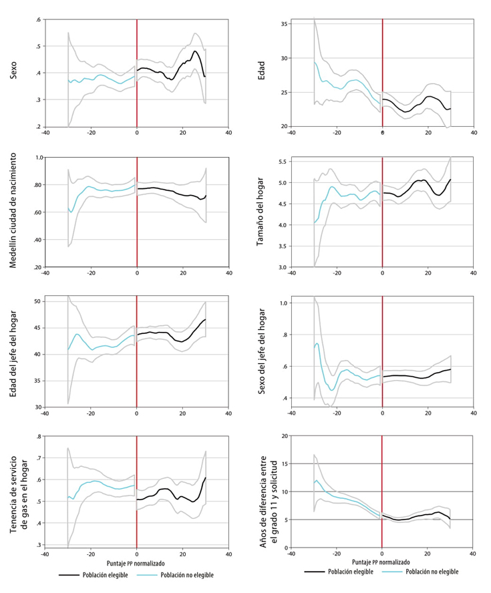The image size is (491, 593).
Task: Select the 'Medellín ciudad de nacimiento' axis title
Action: click(x=13, y=212)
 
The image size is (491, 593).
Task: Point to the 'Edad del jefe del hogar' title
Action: click(x=13, y=353)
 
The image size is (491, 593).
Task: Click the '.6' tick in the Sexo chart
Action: click(x=39, y=19)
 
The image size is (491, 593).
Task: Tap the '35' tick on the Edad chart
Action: click(x=284, y=24)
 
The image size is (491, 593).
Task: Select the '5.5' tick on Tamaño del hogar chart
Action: click(x=283, y=162)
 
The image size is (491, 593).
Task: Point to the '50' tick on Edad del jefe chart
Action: click(x=37, y=302)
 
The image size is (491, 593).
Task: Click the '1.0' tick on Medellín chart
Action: click(x=37, y=158)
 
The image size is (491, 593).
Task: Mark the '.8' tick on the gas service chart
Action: click(x=39, y=436)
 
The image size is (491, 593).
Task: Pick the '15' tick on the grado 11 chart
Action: click(x=284, y=463)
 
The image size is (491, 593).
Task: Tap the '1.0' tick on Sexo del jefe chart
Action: click(x=283, y=303)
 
